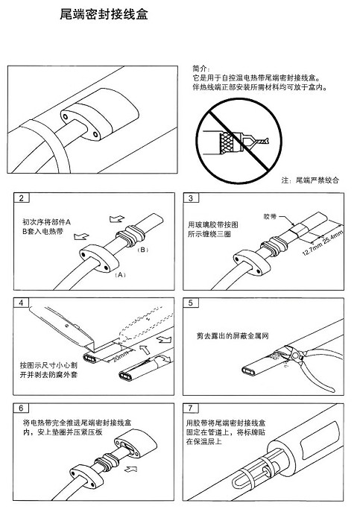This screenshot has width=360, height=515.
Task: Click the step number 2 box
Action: coord(22,198)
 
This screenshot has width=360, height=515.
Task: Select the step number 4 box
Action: coord(22,303)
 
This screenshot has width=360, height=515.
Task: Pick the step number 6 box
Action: coord(22,408)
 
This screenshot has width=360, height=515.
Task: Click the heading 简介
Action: coord(201,68)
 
